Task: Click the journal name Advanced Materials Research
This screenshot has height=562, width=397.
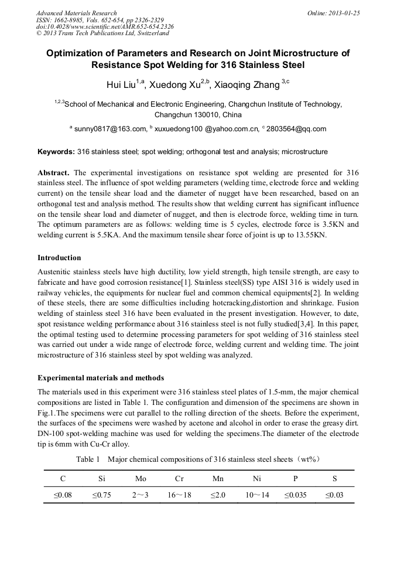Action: pos(76,13)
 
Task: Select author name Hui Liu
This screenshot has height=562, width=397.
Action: pos(121,86)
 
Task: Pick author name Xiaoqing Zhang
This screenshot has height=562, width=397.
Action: pos(248,86)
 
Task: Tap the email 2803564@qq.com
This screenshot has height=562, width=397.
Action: pos(296,129)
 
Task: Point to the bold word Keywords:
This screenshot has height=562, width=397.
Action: pos(56,152)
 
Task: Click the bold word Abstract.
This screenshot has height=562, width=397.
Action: pos(54,173)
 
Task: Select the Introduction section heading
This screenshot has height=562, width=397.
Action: pos(59,257)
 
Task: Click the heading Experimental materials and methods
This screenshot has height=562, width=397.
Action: pos(101,377)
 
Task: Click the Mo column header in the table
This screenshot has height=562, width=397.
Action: pos(141,479)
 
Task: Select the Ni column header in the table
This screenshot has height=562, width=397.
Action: pos(256,479)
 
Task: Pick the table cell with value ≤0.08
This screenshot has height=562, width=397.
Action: pos(63,495)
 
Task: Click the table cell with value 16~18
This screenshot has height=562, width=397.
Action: pos(179,495)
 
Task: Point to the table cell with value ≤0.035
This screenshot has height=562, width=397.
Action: pos(295,495)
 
